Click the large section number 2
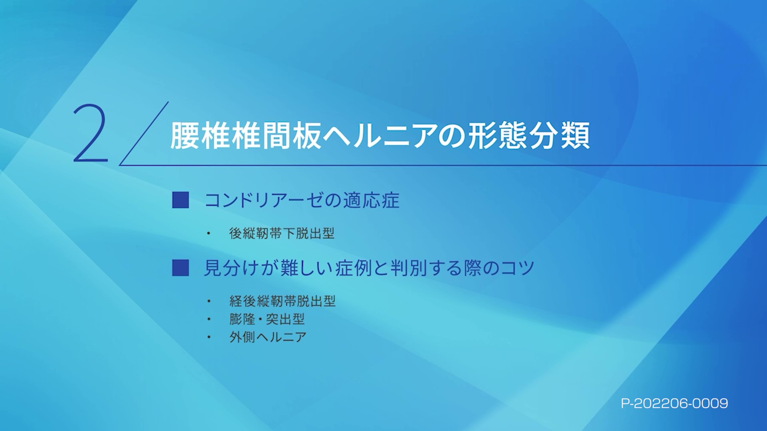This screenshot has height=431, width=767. tap(91, 133)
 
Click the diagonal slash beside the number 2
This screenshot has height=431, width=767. tap(144, 133)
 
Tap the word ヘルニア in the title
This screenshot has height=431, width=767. tap(380, 136)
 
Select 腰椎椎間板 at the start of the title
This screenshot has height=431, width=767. tap(246, 136)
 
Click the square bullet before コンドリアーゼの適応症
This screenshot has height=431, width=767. tap(181, 200)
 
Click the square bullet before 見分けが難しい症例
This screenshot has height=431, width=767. tap(181, 268)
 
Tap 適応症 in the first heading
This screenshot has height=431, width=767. tap(371, 200)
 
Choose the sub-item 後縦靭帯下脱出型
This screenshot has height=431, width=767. tap(282, 233)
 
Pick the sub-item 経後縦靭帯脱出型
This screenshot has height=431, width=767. tap(282, 301)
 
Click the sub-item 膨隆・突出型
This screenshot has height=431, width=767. tap(267, 319)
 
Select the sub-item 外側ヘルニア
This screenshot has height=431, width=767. tap(268, 337)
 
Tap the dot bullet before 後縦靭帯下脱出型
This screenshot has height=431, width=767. tap(209, 233)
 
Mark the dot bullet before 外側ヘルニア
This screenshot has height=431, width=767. tap(209, 337)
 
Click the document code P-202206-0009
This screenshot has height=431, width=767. tap(674, 403)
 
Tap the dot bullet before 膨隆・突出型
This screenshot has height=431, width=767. tap(209, 319)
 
